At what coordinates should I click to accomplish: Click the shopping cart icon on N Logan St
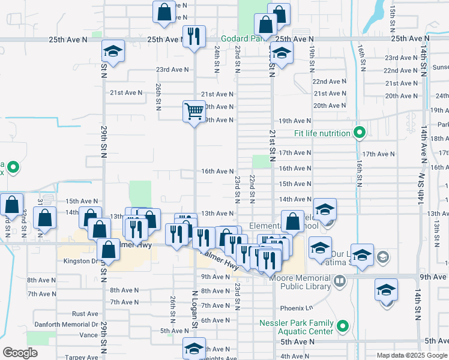click(194, 111)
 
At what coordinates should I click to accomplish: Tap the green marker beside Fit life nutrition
click(360, 133)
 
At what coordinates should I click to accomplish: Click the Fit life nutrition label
click(322, 133)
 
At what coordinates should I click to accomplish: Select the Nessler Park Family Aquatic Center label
click(296, 327)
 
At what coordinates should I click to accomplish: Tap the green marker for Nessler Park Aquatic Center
click(343, 327)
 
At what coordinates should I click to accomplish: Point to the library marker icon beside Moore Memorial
click(340, 281)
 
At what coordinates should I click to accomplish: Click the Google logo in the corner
click(20, 353)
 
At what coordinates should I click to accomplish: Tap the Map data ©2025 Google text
click(411, 355)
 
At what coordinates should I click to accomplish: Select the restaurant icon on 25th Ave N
click(194, 37)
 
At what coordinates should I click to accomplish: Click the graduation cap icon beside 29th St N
click(112, 52)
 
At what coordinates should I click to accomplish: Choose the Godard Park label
click(241, 38)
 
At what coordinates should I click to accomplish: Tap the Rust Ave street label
click(85, 314)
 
